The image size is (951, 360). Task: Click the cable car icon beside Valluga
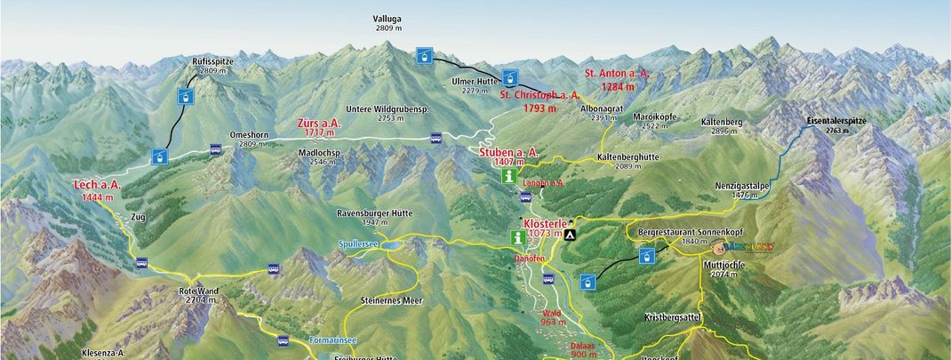click(x=426, y=56)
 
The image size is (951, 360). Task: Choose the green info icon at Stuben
click(x=508, y=176)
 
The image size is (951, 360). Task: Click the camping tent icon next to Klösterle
click(x=570, y=236)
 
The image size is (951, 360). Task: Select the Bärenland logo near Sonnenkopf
click(x=747, y=246)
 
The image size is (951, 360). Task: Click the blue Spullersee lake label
click(x=359, y=244)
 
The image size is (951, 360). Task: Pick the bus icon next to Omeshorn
click(x=216, y=150)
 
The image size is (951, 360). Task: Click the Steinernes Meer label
click(x=392, y=300)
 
